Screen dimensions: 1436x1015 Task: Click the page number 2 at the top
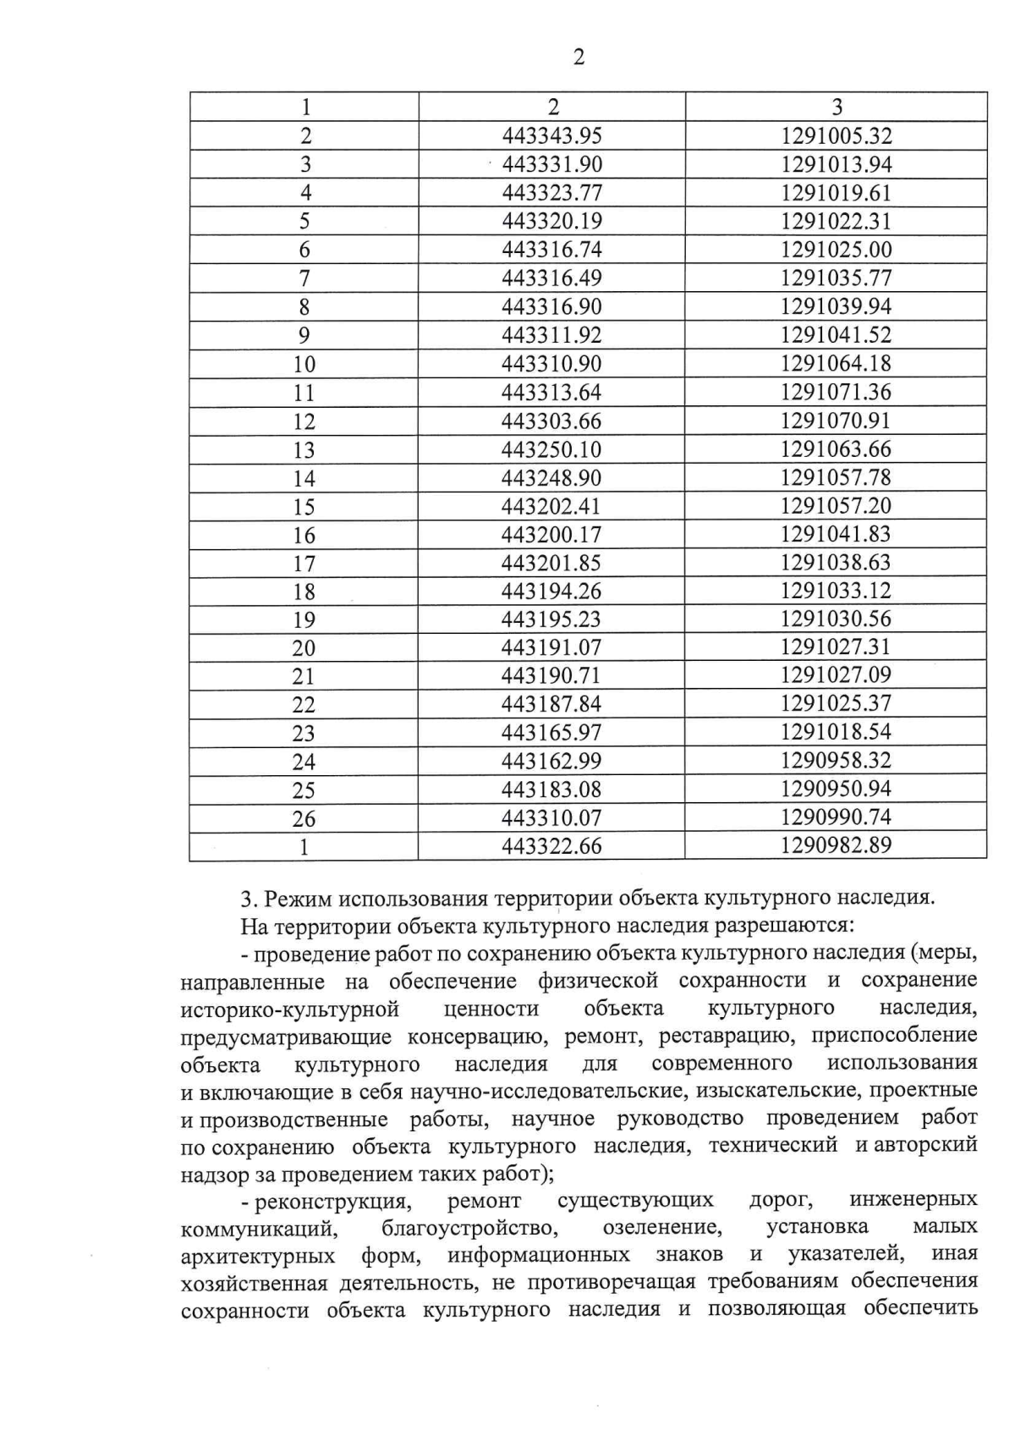pos(579,58)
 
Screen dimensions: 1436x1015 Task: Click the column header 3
pos(837,107)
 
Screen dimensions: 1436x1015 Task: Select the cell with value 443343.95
pos(551,135)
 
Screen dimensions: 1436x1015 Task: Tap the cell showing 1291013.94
pos(837,164)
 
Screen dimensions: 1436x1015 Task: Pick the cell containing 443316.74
pos(551,250)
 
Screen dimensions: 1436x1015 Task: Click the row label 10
pos(304,364)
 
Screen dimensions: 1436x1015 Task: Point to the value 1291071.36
pos(837,392)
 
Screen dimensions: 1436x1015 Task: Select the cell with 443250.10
pos(551,449)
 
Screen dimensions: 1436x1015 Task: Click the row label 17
pos(304,563)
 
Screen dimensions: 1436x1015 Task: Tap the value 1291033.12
pos(837,591)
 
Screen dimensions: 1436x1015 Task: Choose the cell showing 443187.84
pos(551,704)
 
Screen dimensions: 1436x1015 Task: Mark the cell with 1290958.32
pos(837,761)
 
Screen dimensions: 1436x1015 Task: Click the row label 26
pos(304,818)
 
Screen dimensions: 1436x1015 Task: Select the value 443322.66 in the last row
pos(551,846)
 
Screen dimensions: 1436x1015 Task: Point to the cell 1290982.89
pos(837,845)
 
